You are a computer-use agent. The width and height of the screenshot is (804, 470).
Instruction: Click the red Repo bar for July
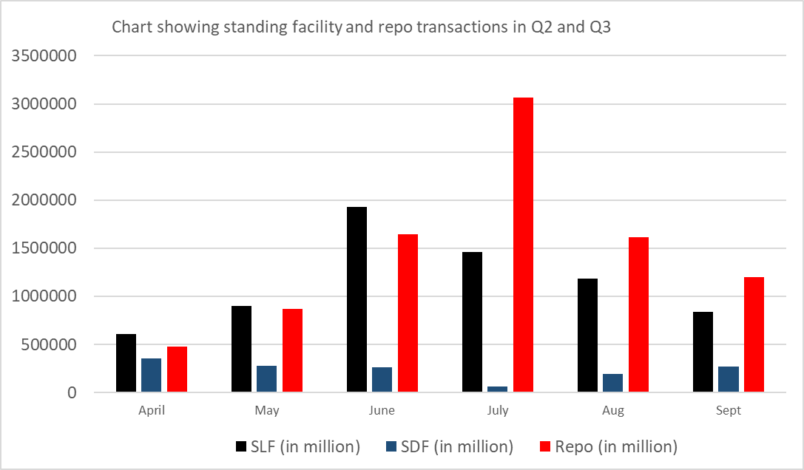(x=523, y=245)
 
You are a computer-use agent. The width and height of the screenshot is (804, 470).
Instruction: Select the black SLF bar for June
(x=357, y=299)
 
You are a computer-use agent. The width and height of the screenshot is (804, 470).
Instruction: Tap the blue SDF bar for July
(x=498, y=389)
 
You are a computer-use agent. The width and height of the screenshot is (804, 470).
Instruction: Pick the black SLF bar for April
(x=126, y=363)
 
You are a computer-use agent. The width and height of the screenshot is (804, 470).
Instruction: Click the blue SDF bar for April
(x=151, y=375)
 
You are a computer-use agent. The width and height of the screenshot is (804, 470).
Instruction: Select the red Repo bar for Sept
(x=754, y=334)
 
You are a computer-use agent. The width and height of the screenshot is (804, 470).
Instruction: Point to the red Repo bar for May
(x=292, y=350)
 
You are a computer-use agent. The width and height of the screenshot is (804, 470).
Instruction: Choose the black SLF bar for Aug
(x=587, y=336)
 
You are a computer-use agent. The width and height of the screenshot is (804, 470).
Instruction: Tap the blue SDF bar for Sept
(x=729, y=379)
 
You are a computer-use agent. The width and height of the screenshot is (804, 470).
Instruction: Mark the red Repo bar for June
(x=408, y=313)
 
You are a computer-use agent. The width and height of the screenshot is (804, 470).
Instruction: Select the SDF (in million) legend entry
(x=450, y=446)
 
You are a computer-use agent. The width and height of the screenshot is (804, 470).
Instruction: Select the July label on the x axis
(x=498, y=411)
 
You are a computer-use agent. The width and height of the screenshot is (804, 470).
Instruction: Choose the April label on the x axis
(x=152, y=411)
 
